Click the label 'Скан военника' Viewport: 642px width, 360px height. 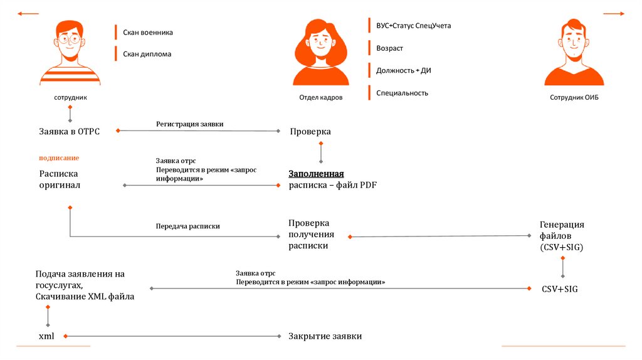click(147, 33)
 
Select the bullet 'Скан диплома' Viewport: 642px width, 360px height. click(147, 54)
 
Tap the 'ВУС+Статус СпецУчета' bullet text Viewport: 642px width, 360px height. click(413, 26)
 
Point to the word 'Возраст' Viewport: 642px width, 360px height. click(389, 48)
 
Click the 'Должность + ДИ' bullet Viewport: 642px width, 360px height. click(403, 71)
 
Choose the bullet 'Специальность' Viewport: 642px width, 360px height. click(402, 93)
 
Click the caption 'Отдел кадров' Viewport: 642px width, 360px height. click(320, 98)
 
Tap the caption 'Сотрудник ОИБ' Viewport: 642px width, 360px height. click(574, 98)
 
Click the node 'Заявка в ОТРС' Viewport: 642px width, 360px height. click(69, 131)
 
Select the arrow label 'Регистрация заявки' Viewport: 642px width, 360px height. click(189, 124)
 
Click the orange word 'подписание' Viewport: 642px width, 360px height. click(59, 158)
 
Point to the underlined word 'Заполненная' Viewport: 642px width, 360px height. click(317, 174)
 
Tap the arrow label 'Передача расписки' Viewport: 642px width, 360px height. click(187, 226)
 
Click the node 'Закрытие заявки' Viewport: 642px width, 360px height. click(325, 336)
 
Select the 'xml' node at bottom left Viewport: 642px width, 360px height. click(46, 336)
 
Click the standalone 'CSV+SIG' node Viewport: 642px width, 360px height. click(560, 289)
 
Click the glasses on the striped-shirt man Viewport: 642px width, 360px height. click(70, 39)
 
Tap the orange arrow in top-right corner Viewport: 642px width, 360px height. click(613, 13)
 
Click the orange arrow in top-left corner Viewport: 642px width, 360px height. click(29, 13)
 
